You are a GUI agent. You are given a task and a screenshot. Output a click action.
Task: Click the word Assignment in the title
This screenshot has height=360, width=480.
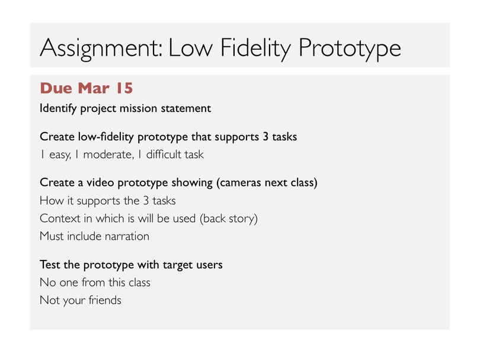[101, 49]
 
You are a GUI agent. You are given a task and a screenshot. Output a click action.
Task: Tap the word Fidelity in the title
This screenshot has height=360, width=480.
[255, 49]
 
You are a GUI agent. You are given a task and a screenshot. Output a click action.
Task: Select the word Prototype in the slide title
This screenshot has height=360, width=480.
[350, 49]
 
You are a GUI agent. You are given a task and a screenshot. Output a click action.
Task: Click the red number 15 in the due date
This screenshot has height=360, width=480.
[124, 88]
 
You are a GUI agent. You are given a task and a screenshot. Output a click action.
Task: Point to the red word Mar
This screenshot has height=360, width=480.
[94, 88]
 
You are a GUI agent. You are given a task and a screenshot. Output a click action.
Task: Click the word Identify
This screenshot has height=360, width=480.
[58, 108]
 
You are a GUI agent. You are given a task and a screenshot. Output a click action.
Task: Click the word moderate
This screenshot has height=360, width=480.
[108, 155]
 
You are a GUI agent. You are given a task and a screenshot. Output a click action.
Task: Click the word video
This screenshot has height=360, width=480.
[100, 182]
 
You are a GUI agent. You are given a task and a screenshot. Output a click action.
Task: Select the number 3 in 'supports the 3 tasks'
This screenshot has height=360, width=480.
[146, 201]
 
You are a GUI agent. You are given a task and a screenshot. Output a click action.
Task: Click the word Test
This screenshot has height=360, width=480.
[50, 265]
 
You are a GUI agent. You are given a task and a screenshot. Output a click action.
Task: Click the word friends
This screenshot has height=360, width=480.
[105, 300]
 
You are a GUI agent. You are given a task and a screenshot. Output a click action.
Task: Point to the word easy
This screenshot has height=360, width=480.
[60, 155]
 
